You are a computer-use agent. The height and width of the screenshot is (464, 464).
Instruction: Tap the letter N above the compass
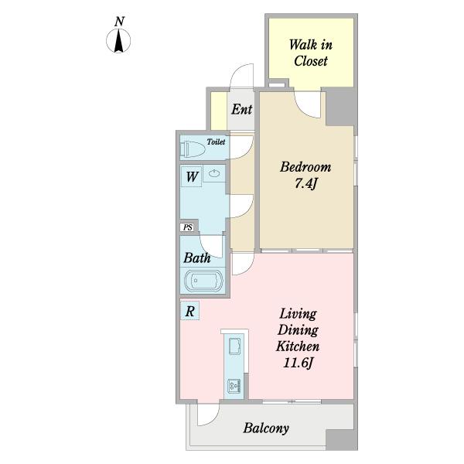click(x=119, y=22)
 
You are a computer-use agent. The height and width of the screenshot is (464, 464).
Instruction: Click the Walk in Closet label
click(x=311, y=53)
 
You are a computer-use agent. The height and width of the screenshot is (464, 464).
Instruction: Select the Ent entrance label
click(x=242, y=110)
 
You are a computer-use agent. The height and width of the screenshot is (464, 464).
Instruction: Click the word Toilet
click(x=216, y=142)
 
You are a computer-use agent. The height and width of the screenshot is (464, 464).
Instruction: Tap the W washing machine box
click(x=192, y=176)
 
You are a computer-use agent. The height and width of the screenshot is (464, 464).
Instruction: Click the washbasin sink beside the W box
click(x=214, y=173)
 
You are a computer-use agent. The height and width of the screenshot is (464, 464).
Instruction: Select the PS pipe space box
click(x=187, y=227)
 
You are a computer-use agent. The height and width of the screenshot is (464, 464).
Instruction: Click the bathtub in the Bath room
click(x=203, y=280)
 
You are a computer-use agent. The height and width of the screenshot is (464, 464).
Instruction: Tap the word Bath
click(x=196, y=258)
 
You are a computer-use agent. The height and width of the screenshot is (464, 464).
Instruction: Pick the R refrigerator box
click(x=189, y=311)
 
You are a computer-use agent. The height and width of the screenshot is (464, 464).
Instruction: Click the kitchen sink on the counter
click(x=235, y=346)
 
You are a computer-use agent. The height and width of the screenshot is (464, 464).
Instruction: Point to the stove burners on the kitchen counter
click(x=234, y=386)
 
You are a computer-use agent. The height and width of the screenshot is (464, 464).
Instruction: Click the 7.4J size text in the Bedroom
click(x=306, y=184)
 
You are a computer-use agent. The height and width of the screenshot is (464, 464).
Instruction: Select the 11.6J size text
click(x=298, y=363)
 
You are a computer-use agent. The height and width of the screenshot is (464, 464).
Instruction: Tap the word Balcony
click(x=266, y=428)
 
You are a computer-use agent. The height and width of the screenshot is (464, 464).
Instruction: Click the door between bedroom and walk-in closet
click(x=308, y=104)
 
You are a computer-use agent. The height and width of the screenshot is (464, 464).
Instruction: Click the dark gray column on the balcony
click(x=342, y=439)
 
